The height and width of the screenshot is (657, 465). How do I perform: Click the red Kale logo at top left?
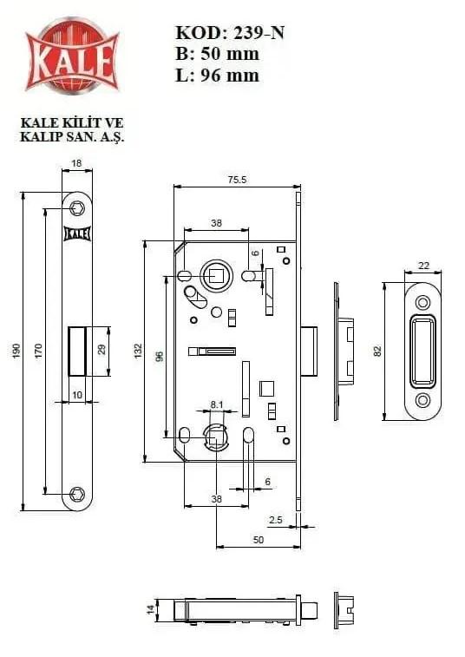pos(72,56)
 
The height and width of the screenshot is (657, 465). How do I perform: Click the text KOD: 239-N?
pos(230,33)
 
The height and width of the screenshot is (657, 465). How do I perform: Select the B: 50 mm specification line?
pos(217,54)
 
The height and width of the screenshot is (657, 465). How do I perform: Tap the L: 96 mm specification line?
pos(217,76)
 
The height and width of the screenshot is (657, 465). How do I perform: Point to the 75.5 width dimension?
pos(237,180)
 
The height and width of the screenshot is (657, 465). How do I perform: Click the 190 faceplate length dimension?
pos(16,351)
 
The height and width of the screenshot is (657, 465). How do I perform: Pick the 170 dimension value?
pos(38,351)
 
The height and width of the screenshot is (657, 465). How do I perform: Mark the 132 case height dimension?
pos(138,351)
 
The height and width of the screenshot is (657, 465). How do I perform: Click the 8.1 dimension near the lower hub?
pos(217,404)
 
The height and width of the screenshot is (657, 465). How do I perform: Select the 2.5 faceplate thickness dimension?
pos(276,520)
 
